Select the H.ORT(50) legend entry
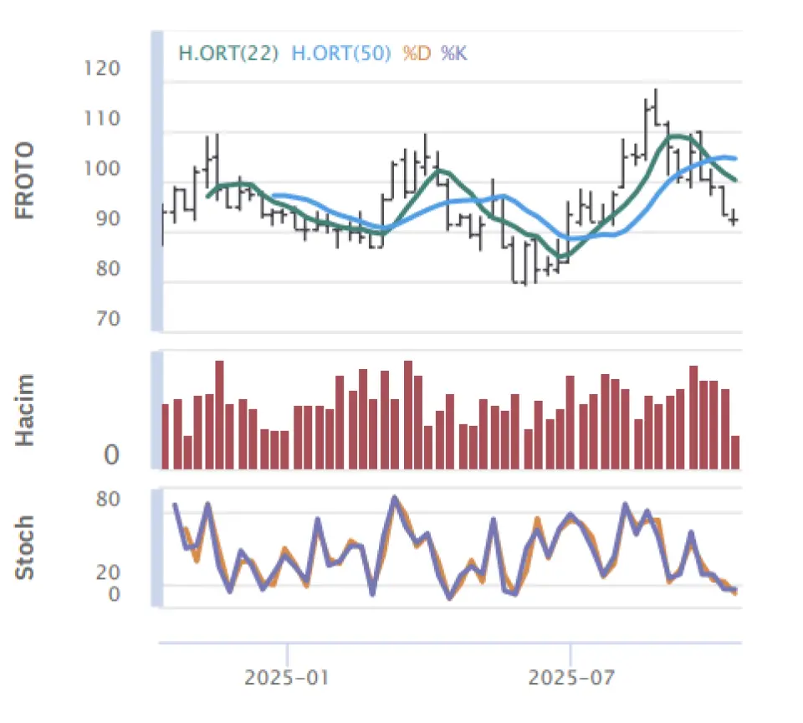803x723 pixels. pos(341,53)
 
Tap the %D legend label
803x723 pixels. pos(416,53)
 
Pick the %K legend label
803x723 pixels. pos(454,53)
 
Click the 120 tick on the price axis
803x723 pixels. pos(102,69)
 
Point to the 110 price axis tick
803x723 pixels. pos(102,119)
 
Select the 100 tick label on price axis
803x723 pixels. pos(102,169)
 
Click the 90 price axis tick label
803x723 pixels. pos(106,219)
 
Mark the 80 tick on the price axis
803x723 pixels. pos(106,269)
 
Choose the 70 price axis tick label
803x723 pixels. pos(106,320)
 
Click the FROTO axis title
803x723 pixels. pos(26,181)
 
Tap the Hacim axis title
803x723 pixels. pos(26,410)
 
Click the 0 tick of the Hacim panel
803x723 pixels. pos(111,456)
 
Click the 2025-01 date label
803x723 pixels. pos(287,676)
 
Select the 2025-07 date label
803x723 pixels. pos(570,676)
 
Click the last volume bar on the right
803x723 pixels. pos(735,452)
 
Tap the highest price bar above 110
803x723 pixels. pos(656,105)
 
